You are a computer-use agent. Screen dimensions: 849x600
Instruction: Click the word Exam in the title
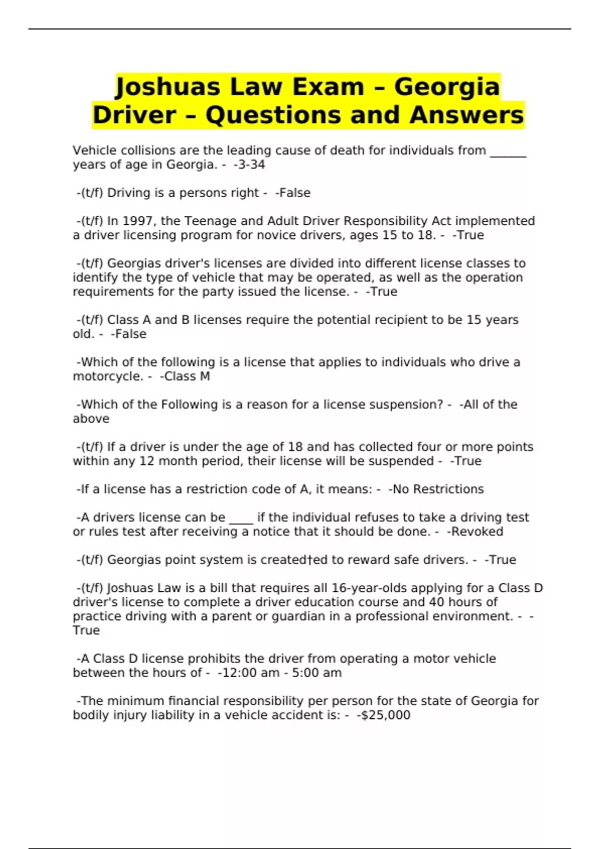pos(328,86)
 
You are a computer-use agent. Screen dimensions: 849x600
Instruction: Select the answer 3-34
pos(250,165)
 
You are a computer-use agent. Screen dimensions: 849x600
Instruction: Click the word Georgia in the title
pos(447,86)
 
